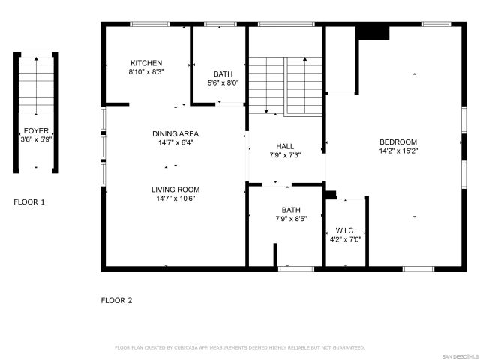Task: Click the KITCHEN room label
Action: coord(146,63)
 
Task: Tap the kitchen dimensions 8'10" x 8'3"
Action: coord(146,72)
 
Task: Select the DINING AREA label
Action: coord(175,133)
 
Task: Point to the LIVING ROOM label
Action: coord(175,190)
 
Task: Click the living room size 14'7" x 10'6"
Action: coord(175,199)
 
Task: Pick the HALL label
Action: coord(284,146)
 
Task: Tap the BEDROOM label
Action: coord(398,142)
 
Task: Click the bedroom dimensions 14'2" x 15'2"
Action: coord(398,151)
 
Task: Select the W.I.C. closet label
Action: coord(346,230)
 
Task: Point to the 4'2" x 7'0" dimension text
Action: coord(346,239)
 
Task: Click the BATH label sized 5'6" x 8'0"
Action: coord(223,73)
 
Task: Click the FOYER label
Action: coord(36,130)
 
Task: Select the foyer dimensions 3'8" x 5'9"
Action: coord(36,139)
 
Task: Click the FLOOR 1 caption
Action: coord(29,202)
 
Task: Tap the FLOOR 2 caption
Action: coord(116,300)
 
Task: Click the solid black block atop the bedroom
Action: coord(373,32)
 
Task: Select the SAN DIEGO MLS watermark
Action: coord(459,355)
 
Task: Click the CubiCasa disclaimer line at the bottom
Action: coord(239,348)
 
